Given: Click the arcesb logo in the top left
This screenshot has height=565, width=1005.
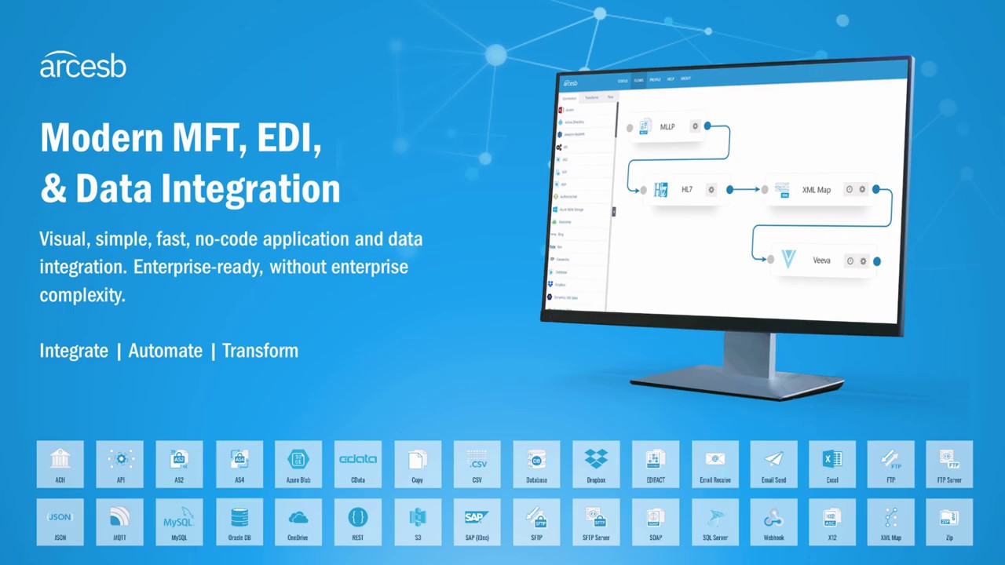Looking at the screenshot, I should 82,65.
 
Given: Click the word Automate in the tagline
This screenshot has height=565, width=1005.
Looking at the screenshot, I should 165,351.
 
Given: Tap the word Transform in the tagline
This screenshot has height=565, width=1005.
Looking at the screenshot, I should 260,351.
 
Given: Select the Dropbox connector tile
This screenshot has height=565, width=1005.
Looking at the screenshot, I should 596,464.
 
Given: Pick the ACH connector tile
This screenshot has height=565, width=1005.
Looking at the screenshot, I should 60,464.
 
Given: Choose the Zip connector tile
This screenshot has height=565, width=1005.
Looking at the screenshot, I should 949,522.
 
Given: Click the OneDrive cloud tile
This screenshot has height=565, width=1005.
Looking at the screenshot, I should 298,522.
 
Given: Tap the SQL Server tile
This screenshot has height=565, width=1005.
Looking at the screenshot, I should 714,522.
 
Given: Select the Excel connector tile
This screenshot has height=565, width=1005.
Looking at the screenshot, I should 832,464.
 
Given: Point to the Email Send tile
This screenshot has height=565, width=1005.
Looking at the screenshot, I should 773,464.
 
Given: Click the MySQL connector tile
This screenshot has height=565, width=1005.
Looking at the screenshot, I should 179,522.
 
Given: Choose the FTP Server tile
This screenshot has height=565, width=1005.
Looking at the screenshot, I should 949,464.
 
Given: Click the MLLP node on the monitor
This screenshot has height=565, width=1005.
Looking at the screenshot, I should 666,126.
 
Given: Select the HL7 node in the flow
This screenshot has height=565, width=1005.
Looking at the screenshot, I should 685,189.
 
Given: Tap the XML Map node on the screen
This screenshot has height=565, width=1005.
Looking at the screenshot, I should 816,189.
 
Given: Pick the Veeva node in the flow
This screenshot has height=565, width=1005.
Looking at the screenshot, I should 820,260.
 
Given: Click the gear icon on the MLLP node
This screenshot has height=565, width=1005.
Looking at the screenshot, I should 695,126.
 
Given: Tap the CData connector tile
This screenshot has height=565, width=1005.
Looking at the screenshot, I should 357,464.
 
